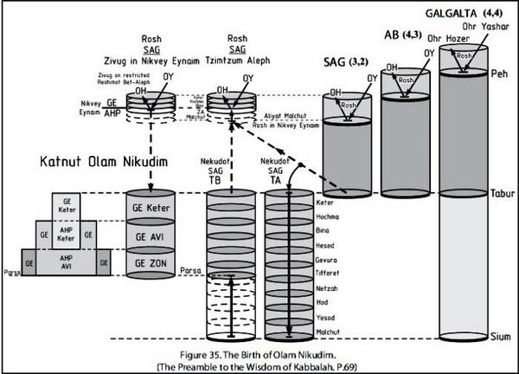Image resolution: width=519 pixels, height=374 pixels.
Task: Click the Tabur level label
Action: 501,194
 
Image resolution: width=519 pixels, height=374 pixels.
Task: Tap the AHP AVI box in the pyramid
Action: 66,262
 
